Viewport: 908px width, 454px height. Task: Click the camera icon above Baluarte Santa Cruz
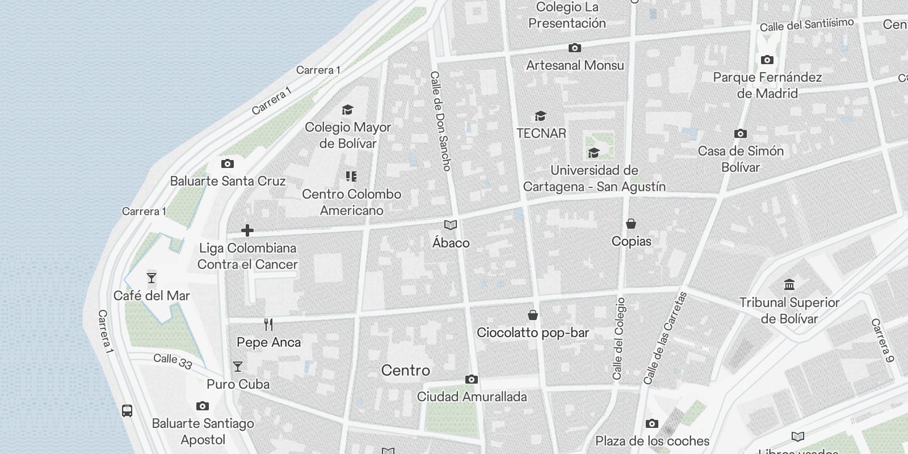tap(228, 164)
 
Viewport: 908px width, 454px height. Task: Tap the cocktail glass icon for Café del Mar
tap(152, 278)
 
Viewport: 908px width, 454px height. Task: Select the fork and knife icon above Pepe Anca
tap(269, 325)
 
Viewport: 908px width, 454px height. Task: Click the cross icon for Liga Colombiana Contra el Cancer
tap(247, 230)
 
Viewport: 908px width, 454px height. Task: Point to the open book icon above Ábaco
tap(451, 225)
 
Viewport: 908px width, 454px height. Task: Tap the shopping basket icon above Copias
tap(631, 224)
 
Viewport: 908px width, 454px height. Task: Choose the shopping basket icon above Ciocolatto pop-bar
tap(533, 315)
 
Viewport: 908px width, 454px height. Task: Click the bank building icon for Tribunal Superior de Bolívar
tap(789, 284)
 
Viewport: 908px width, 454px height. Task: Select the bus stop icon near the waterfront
tap(128, 410)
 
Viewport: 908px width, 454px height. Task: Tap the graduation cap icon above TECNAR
tap(540, 116)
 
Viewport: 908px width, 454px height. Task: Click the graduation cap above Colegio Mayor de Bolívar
tap(347, 110)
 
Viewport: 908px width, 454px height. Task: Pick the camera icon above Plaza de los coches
tap(652, 423)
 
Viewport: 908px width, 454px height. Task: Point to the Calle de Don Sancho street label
tap(440, 121)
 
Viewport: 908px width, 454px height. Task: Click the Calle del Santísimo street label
tap(806, 25)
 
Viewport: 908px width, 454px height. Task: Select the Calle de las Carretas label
tap(665, 338)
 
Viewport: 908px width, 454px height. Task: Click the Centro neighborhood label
tap(405, 371)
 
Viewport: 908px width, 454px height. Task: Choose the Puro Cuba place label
tap(238, 384)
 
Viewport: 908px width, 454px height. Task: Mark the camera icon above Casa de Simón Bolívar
tap(741, 134)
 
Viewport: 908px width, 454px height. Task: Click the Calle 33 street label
tap(173, 361)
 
